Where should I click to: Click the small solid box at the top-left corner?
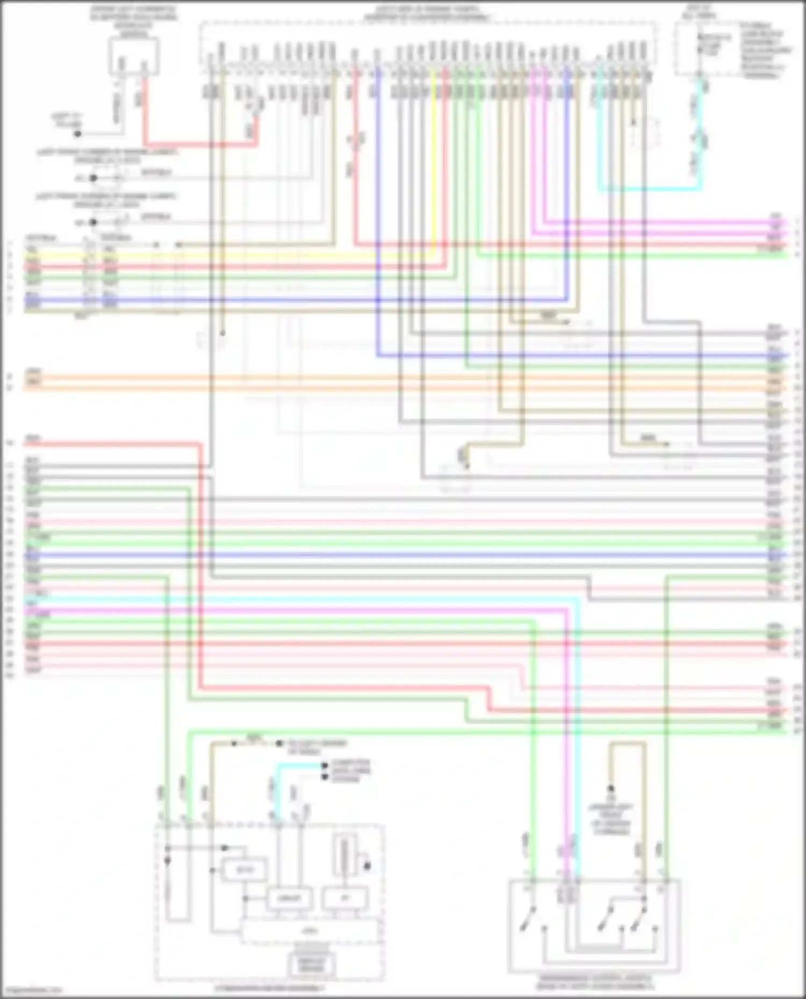[x=134, y=56]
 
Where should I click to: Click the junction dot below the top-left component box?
[x=77, y=133]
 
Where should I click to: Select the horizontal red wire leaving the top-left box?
[x=199, y=144]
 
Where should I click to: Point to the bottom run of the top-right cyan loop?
[x=650, y=189]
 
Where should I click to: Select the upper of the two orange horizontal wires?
[x=376, y=376]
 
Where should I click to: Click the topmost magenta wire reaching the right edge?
[x=672, y=221]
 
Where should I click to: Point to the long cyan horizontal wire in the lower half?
[x=322, y=597]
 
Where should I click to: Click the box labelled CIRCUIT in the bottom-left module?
[x=289, y=898]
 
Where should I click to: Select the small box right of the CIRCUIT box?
[x=344, y=898]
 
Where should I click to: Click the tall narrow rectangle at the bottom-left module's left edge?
[x=177, y=886]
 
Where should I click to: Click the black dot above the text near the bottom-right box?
[x=611, y=789]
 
